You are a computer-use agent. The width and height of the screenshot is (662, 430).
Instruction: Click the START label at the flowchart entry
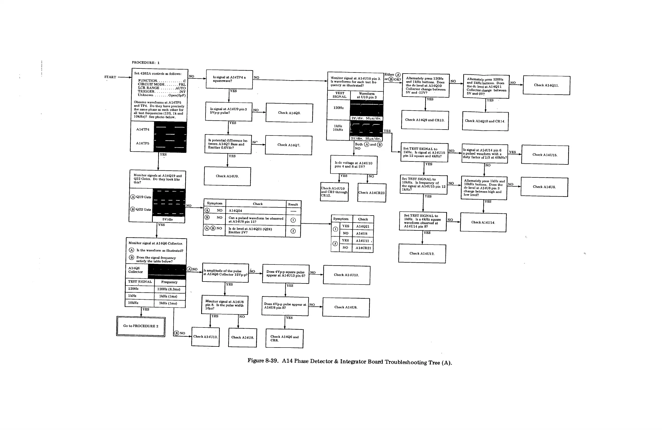pos(110,77)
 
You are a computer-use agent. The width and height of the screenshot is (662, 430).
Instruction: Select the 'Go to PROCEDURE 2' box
pos(141,326)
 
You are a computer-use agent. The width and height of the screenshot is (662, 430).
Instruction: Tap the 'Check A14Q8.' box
pos(289,113)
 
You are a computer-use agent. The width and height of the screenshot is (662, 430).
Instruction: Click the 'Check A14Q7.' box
pos(289,145)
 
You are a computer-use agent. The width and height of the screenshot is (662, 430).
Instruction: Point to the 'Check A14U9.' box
pos(227,176)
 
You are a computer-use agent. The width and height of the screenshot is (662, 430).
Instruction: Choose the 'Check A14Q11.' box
pos(546,85)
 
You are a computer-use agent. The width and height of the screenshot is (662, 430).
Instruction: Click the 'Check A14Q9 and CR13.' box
pos(425,120)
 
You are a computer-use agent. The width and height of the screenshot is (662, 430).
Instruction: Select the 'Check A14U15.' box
pos(545,155)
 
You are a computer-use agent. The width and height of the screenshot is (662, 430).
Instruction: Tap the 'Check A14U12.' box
pos(422,253)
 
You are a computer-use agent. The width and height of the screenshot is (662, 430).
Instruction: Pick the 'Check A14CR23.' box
pos(372,193)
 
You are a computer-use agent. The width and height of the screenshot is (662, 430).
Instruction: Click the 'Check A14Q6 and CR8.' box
pos(284,338)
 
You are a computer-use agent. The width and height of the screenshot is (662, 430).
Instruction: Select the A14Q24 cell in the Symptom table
pos(235,211)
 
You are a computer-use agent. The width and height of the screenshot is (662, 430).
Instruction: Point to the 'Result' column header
pos(293,204)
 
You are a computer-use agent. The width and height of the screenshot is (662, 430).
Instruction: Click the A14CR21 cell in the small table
pos(363,248)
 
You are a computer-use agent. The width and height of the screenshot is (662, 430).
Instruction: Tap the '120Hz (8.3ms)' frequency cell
pos(169,289)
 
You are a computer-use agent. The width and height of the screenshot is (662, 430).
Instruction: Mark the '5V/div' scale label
pos(168,219)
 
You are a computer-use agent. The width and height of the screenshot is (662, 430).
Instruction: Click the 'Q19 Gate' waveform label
pos(144,197)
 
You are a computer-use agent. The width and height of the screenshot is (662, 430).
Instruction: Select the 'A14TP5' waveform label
pos(143,143)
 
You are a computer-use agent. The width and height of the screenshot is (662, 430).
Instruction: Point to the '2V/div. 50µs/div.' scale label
pos(366,118)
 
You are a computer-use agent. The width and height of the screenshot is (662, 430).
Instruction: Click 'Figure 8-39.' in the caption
pos(263,361)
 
